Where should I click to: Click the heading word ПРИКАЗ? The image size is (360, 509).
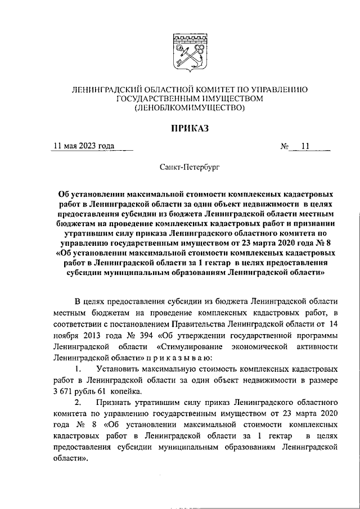click(189, 128)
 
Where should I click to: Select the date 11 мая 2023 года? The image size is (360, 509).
click(83, 147)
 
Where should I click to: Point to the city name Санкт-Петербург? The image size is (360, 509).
click(189, 167)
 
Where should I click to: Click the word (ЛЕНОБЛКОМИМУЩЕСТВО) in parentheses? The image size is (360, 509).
click(189, 107)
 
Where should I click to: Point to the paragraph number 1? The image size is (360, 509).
click(78, 369)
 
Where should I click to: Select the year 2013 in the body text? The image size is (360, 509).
click(89, 336)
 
